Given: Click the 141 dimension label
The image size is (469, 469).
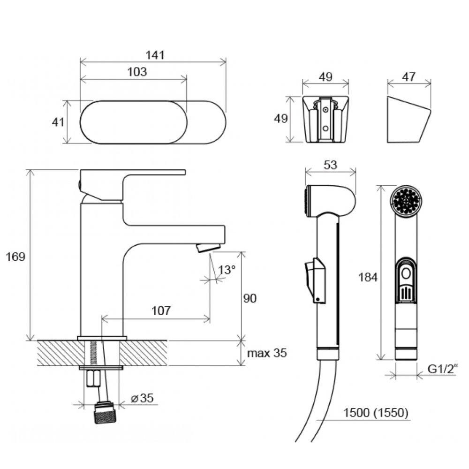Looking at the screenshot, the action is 155,55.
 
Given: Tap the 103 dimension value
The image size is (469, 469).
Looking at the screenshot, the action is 137,72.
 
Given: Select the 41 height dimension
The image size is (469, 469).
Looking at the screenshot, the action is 58,122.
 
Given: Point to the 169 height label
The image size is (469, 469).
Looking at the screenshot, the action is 15,257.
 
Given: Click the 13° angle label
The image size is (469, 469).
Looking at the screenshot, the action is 227,270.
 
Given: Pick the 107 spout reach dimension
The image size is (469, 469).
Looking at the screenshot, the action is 161,310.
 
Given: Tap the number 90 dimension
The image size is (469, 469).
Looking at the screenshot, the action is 250,298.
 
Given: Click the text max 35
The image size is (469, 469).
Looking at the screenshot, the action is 267,353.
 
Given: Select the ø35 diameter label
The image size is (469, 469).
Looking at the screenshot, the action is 143,398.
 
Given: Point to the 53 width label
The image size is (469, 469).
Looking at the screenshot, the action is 330,165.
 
